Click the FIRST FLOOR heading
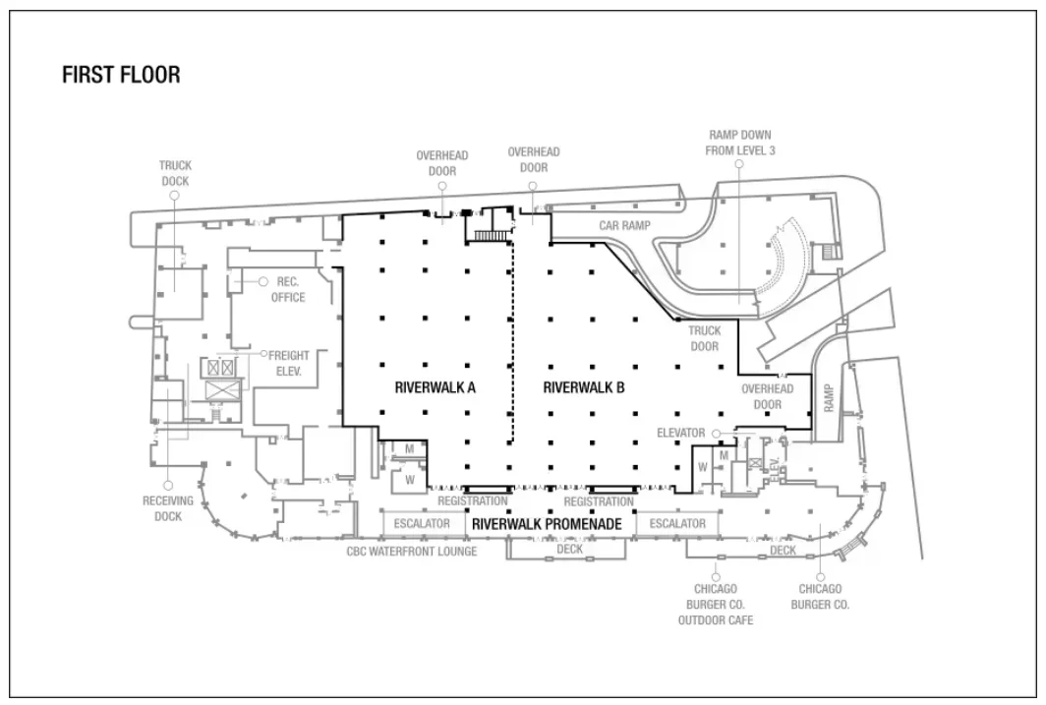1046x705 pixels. (x=121, y=76)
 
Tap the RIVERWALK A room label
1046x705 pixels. (x=435, y=387)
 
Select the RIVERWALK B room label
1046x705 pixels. (x=584, y=387)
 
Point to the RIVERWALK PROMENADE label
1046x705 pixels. (x=547, y=525)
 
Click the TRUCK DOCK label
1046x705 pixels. (x=175, y=174)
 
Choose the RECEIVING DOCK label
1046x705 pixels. (x=162, y=508)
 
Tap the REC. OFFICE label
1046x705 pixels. (x=288, y=289)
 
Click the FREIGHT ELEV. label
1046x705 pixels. (x=291, y=364)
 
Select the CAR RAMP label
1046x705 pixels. (x=625, y=226)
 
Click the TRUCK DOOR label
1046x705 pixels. (x=704, y=338)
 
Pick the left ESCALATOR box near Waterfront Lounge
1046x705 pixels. (x=422, y=524)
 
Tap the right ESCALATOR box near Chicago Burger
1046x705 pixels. (x=677, y=524)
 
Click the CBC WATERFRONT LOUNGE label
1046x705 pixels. (x=412, y=552)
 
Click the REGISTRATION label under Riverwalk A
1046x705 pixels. (x=473, y=501)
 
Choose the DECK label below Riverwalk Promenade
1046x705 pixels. (x=570, y=551)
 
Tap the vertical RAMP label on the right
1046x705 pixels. (x=829, y=398)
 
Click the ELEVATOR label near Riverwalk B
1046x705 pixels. (x=681, y=433)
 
